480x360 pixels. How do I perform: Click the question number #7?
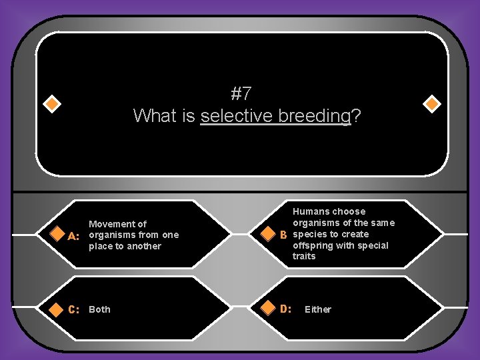click(x=241, y=93)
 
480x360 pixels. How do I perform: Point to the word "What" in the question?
click(x=153, y=116)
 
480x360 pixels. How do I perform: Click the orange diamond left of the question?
click(x=52, y=104)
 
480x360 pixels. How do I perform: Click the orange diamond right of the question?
click(x=432, y=104)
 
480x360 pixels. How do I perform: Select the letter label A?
click(x=74, y=235)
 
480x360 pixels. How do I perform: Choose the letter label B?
click(x=283, y=235)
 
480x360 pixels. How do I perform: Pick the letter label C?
click(x=74, y=309)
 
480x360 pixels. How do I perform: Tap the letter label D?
click(x=285, y=309)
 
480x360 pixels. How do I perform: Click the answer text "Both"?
click(x=100, y=309)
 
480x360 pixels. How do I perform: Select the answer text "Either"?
click(x=317, y=309)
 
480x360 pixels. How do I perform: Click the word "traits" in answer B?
click(x=304, y=257)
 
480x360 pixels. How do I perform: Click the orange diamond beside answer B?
click(x=267, y=235)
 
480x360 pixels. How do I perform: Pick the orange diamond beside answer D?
click(x=267, y=309)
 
